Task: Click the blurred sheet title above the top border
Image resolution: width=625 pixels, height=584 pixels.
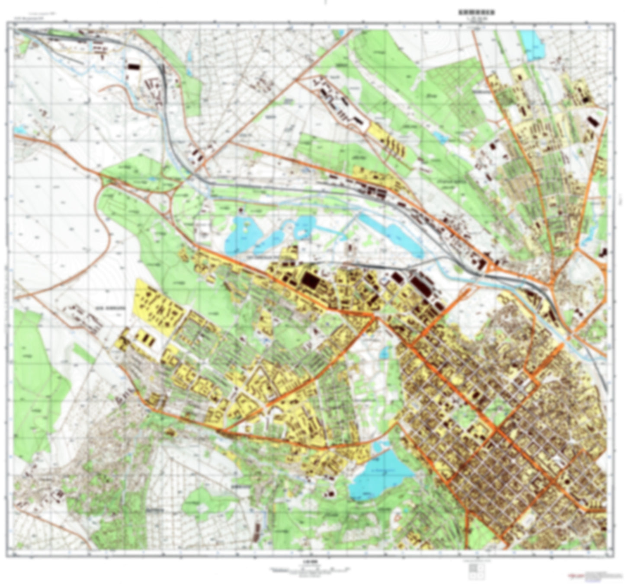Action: click(x=477, y=13)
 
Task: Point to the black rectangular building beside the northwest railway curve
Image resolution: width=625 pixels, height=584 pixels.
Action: click(x=132, y=67)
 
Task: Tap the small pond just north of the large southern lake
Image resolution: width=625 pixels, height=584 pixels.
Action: click(x=384, y=353)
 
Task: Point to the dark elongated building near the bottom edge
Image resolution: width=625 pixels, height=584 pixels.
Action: click(x=258, y=530)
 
